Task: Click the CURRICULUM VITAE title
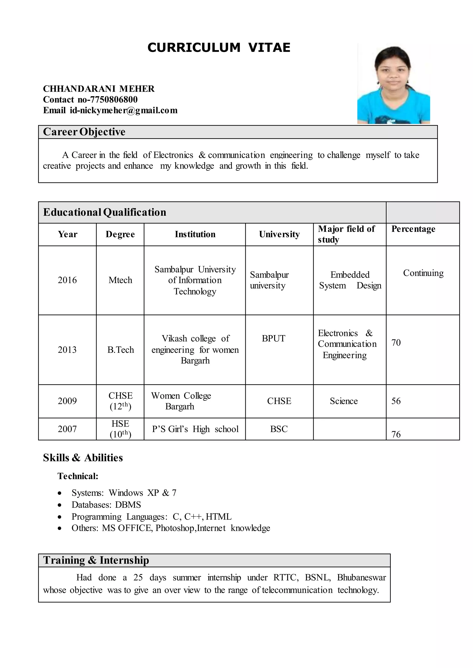click(x=219, y=48)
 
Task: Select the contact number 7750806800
click(x=114, y=99)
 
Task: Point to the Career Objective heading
click(x=84, y=132)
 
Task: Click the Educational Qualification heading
click(x=105, y=212)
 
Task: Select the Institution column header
click(x=195, y=234)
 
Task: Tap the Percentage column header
click(x=413, y=229)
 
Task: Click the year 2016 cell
click(x=67, y=280)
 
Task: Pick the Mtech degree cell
click(x=120, y=280)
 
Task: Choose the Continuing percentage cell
click(x=423, y=273)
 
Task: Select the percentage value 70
click(x=396, y=343)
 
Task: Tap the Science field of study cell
click(x=344, y=401)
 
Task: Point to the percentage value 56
click(x=396, y=401)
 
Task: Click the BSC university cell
click(x=279, y=429)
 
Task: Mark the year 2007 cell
click(x=67, y=429)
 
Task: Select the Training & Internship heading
click(x=96, y=560)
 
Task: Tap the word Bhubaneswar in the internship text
click(x=361, y=578)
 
